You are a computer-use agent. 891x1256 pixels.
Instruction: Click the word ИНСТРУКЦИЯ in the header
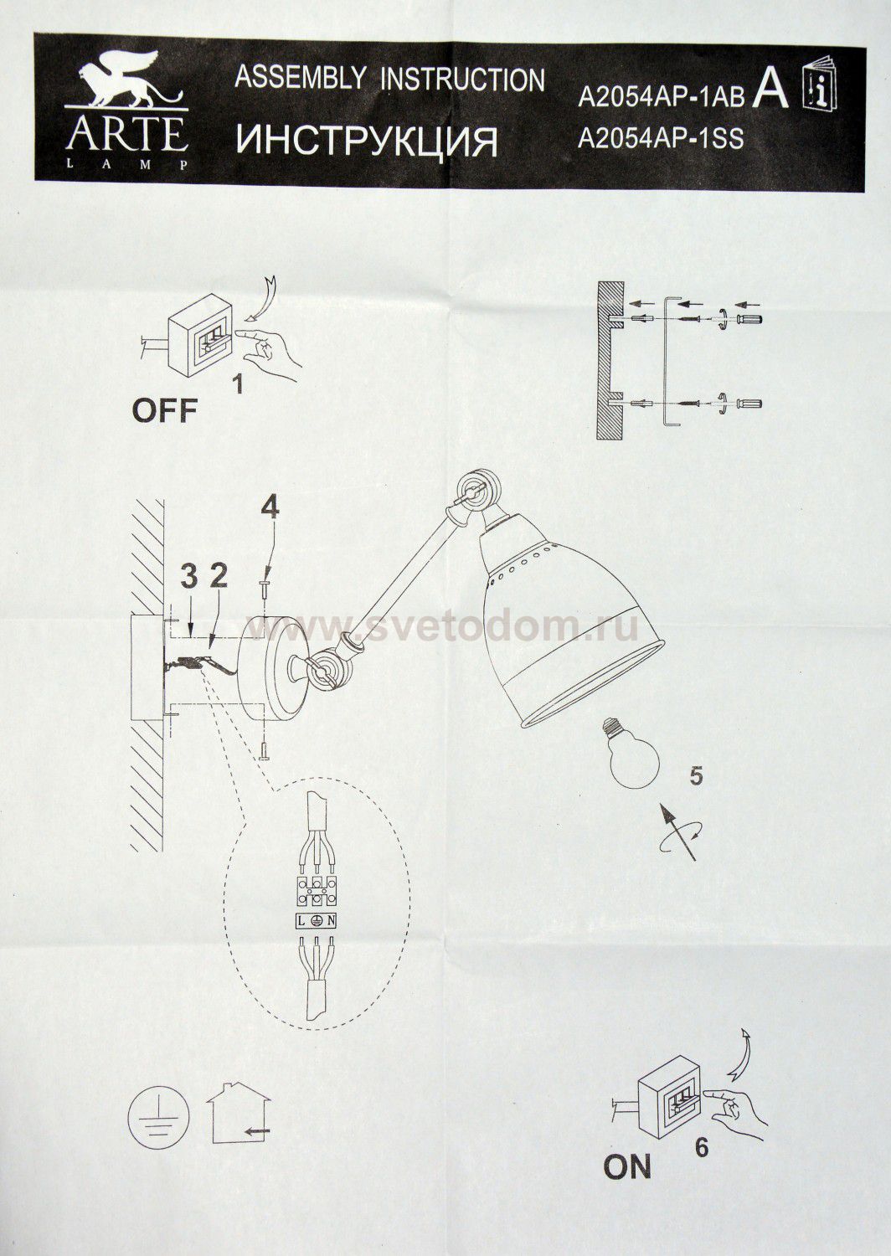click(x=367, y=142)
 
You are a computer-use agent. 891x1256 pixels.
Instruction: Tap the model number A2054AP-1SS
click(x=661, y=138)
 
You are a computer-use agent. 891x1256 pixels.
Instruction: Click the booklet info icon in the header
click(x=821, y=88)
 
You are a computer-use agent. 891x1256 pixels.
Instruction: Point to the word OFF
click(x=165, y=411)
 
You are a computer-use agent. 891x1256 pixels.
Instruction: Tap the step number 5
click(x=696, y=778)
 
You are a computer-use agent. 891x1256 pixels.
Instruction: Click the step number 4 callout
click(x=270, y=508)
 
